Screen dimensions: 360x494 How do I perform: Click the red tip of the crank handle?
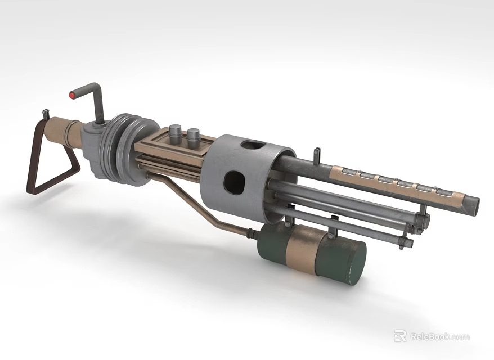pyautogui.click(x=72, y=95)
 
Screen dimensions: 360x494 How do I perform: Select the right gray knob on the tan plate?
pyautogui.click(x=193, y=136)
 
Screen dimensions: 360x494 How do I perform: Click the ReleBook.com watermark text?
pyautogui.click(x=439, y=336)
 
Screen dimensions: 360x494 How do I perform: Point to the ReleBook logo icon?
pyautogui.click(x=400, y=336)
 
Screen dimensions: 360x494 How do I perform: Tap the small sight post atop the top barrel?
pyautogui.click(x=318, y=152)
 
